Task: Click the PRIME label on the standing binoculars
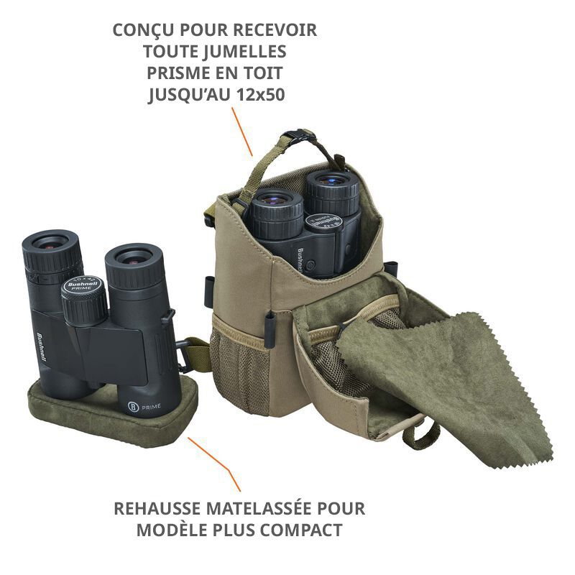coord(149,408)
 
